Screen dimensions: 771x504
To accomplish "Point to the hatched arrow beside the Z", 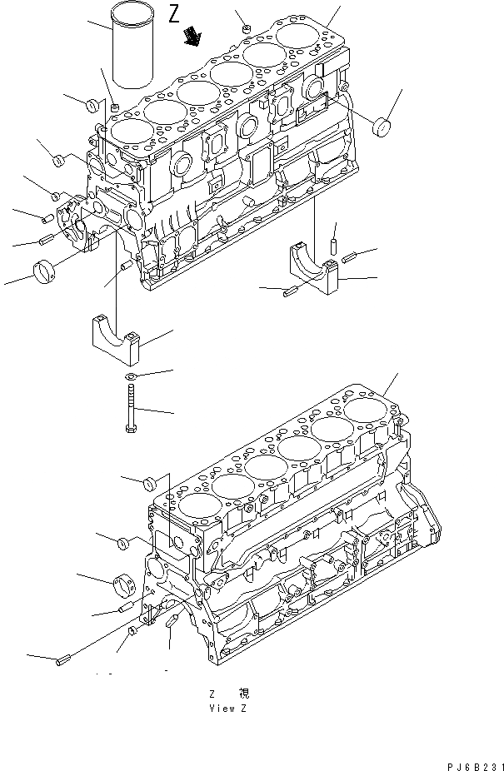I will pos(194,36).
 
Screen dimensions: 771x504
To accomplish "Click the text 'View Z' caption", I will pos(229,708).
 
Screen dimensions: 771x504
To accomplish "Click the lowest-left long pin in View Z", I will pos(62,662).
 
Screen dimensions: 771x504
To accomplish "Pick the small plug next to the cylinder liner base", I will pos(114,106).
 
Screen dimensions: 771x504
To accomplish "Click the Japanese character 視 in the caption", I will pos(243,693).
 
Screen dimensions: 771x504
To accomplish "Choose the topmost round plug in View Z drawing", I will pos(151,483).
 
